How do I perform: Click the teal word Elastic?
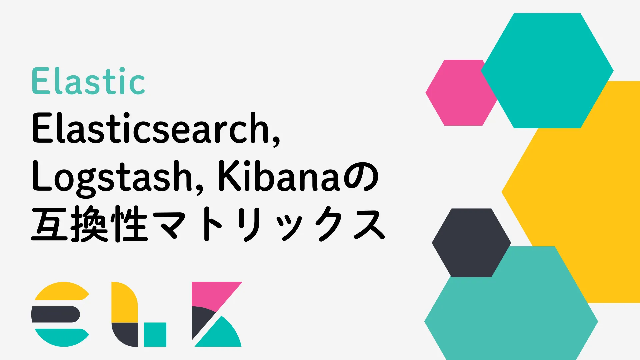88,81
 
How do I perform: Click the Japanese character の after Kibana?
361,177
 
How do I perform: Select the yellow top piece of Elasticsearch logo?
61,291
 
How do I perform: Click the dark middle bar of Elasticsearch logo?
55,314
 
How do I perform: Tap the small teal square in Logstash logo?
155,334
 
